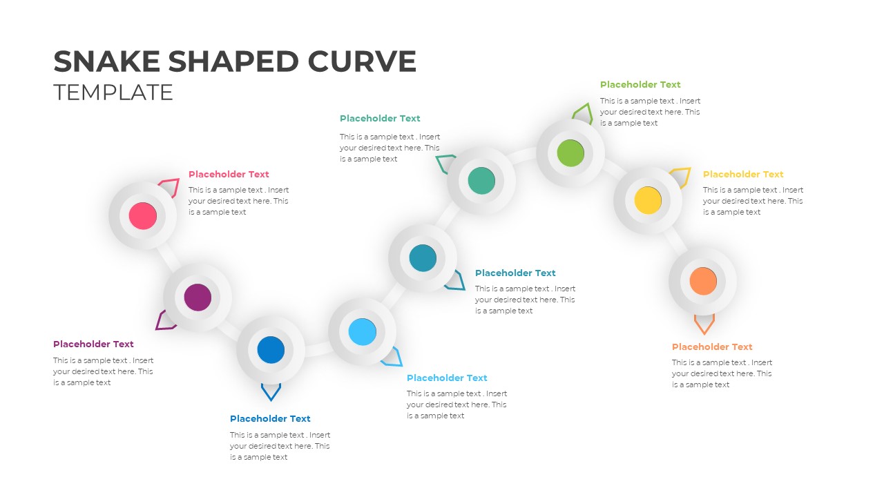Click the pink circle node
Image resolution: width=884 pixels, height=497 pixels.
(x=143, y=216)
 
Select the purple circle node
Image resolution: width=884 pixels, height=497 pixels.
(x=198, y=297)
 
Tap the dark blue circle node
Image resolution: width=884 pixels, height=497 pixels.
(x=271, y=350)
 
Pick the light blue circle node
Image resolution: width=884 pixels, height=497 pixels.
(x=362, y=332)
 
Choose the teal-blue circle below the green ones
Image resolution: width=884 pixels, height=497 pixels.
(x=423, y=257)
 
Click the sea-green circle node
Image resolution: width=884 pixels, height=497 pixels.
(x=481, y=181)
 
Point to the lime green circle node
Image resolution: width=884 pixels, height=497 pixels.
(x=570, y=153)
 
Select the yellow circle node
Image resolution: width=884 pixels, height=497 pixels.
(x=648, y=200)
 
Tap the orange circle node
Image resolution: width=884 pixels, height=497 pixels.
(x=703, y=281)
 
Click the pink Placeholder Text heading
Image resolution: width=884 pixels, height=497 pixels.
(x=229, y=175)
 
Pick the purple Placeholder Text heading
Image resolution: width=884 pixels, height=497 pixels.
(x=93, y=344)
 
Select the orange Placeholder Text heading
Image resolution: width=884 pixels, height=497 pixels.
(x=712, y=347)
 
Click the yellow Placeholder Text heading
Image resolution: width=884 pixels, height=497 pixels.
(x=743, y=175)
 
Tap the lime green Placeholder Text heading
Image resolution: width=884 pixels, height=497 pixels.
(x=640, y=85)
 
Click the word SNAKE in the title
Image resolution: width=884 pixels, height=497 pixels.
(x=107, y=61)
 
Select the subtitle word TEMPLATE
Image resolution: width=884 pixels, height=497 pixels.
(x=113, y=92)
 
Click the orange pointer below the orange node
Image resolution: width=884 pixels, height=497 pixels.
(x=704, y=324)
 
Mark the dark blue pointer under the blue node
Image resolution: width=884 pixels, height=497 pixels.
(x=271, y=392)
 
